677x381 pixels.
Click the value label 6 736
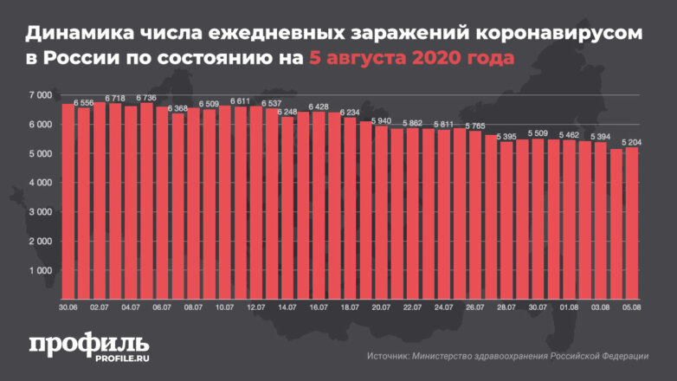click(x=146, y=98)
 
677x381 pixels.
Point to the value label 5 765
click(x=475, y=126)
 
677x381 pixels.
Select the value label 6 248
click(x=287, y=112)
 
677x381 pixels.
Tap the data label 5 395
click(x=506, y=137)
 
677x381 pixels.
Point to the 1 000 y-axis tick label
click(x=40, y=271)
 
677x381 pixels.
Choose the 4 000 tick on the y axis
click(x=40, y=183)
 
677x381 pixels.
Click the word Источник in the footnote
click(x=390, y=355)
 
